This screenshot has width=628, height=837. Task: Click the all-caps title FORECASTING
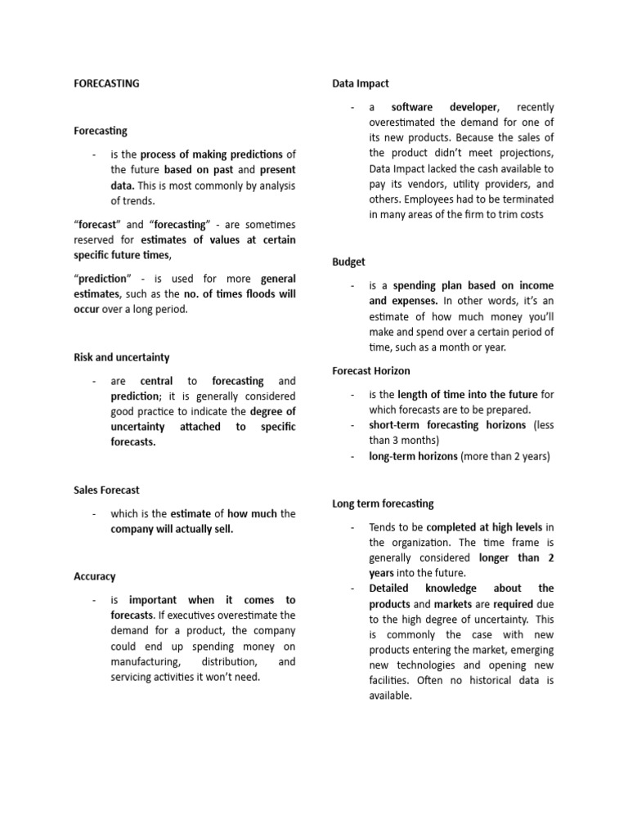click(106, 83)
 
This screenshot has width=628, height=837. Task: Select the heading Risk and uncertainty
click(122, 357)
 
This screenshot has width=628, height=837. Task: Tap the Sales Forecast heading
click(106, 490)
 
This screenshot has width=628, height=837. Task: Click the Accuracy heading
click(95, 576)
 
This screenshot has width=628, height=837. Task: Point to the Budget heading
click(349, 262)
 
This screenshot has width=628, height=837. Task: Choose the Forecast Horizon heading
click(371, 370)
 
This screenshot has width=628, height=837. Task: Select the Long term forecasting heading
click(383, 504)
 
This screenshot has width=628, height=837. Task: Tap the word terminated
click(528, 199)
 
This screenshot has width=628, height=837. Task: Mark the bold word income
click(534, 285)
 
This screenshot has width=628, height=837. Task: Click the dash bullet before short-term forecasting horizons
click(351, 426)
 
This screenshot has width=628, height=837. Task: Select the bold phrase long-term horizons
click(413, 457)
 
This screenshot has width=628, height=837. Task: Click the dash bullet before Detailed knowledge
click(351, 589)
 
